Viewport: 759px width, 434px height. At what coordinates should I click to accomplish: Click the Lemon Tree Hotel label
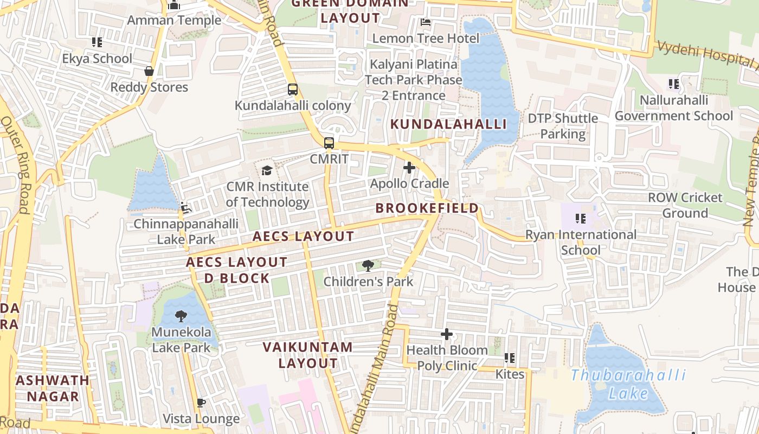[x=426, y=39]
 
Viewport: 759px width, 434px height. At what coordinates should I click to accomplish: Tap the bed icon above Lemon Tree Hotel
[x=426, y=22]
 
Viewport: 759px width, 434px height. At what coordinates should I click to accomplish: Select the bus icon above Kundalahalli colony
[x=293, y=90]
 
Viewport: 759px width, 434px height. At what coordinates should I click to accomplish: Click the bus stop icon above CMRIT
[x=329, y=143]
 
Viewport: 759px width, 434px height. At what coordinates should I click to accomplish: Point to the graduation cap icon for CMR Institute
[x=267, y=171]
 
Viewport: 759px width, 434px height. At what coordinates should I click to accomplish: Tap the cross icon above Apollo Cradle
[x=409, y=168]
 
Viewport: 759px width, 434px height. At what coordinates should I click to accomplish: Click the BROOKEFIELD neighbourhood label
[x=427, y=208]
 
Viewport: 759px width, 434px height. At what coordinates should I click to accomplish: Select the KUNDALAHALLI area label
[x=448, y=124]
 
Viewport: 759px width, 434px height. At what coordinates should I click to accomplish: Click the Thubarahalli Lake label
[x=628, y=384]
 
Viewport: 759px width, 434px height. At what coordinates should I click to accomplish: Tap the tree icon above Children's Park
[x=368, y=266]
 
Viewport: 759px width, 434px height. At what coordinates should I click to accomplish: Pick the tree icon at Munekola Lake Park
[x=181, y=316]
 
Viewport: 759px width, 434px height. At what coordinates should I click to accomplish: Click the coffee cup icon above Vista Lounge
[x=201, y=403]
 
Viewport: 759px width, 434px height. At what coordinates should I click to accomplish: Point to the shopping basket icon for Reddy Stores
[x=149, y=71]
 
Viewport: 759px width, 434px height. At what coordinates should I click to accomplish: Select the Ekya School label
[x=97, y=59]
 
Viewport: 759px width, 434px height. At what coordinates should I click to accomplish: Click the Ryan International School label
[x=581, y=242]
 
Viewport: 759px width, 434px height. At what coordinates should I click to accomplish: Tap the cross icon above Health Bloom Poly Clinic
[x=447, y=334]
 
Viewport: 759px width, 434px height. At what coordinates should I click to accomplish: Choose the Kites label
[x=510, y=374]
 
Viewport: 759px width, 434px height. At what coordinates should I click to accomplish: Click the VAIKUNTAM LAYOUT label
[x=308, y=355]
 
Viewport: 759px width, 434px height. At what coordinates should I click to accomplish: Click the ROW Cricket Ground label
[x=685, y=205]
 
